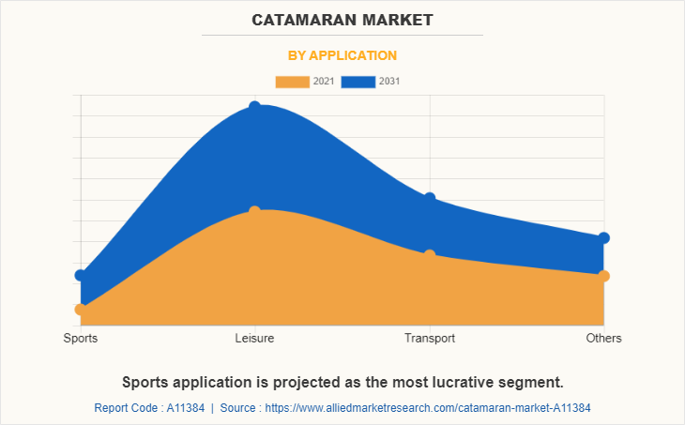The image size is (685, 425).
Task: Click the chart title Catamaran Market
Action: click(342, 19)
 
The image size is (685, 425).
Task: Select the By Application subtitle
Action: click(342, 55)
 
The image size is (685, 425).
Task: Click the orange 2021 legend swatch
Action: click(292, 82)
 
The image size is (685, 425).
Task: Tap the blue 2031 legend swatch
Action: click(358, 82)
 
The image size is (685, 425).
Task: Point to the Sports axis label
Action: click(81, 338)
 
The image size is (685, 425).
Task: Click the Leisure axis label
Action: click(254, 338)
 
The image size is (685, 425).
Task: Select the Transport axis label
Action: click(429, 338)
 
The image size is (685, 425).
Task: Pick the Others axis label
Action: click(603, 338)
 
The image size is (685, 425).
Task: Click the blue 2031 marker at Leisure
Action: click(254, 107)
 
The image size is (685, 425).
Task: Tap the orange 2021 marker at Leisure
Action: click(254, 212)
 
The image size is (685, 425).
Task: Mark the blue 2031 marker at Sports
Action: click(81, 275)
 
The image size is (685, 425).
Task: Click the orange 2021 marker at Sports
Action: click(81, 309)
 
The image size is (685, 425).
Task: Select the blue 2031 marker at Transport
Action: click(429, 198)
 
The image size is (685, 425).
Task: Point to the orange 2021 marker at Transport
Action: click(429, 255)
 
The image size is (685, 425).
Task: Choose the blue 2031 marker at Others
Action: click(603, 237)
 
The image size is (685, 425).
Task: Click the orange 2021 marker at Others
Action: click(603, 276)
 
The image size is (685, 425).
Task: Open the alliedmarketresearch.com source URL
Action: click(428, 408)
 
